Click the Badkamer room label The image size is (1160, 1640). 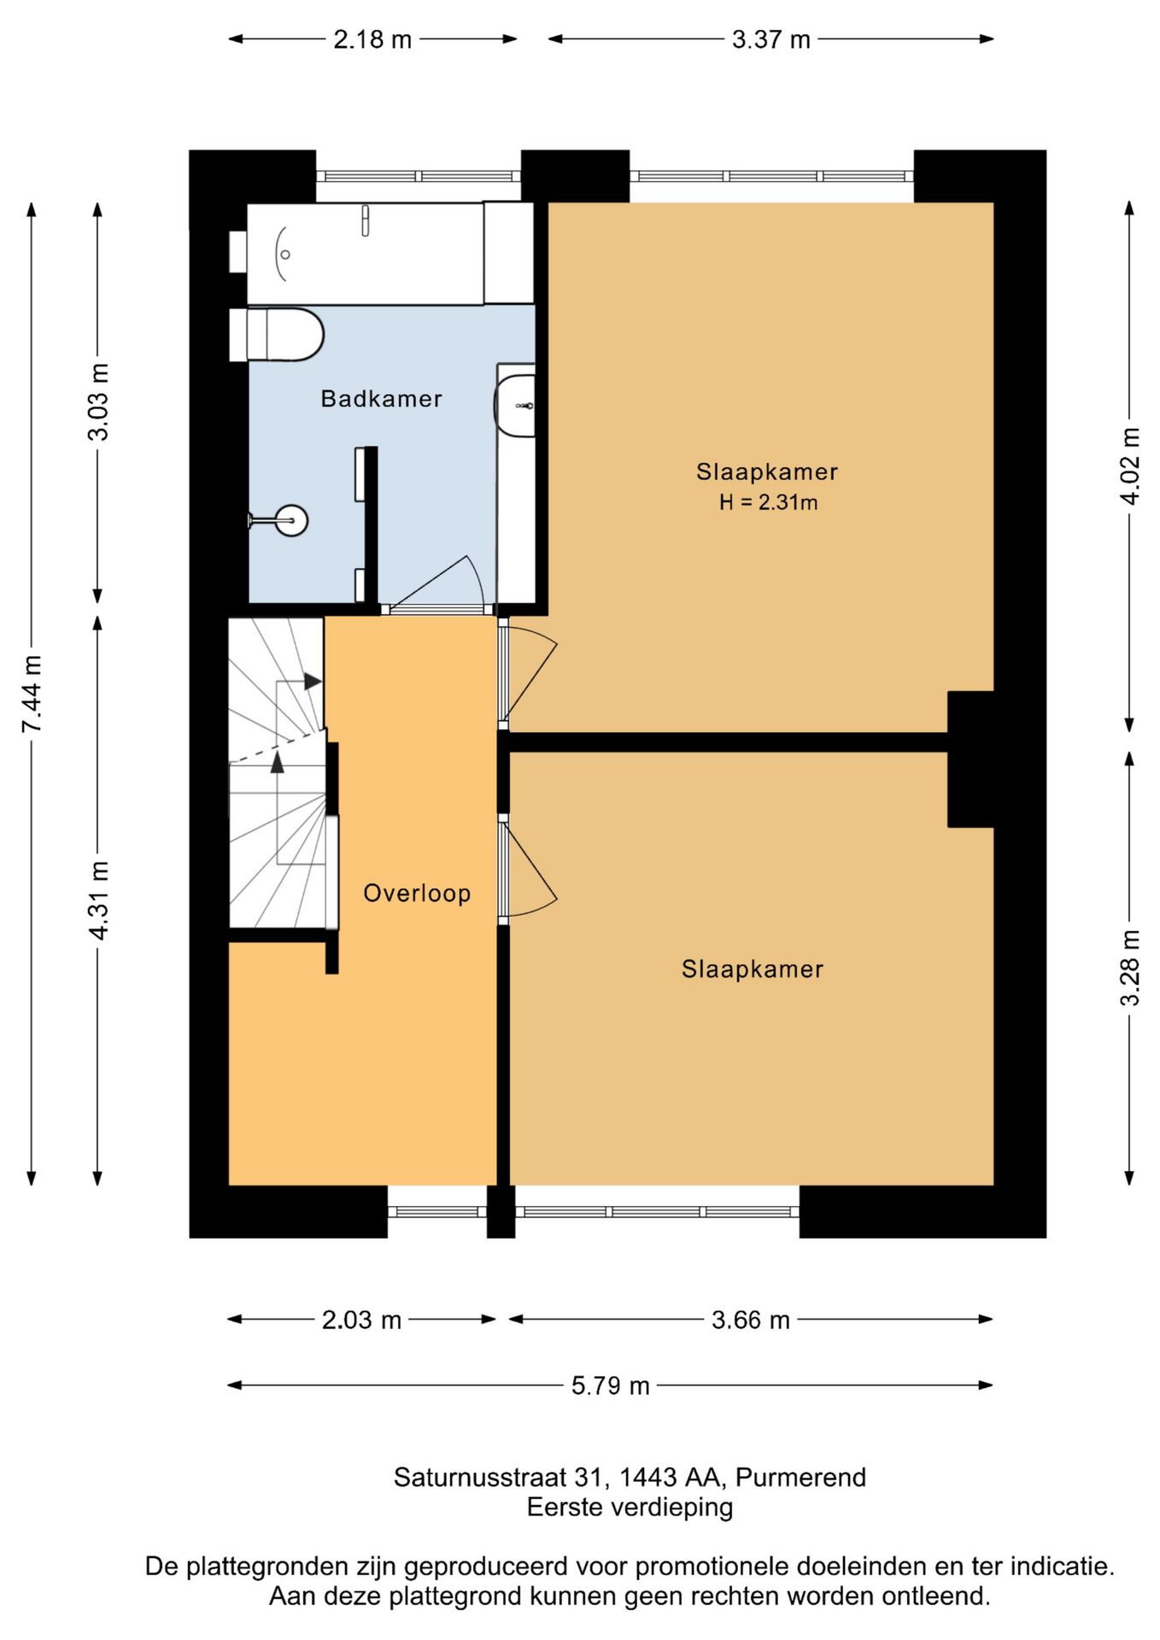[x=381, y=399]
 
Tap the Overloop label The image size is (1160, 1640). [x=417, y=893]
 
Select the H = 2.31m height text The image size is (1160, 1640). [x=768, y=502]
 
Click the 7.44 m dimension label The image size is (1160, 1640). [x=32, y=694]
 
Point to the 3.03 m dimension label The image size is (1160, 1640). [x=98, y=402]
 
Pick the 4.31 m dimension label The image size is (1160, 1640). [x=98, y=900]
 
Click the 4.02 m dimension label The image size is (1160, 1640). [x=1129, y=466]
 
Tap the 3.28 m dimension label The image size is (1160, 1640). [x=1129, y=967]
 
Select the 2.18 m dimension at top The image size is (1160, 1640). [x=372, y=39]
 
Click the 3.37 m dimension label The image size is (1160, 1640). [x=770, y=39]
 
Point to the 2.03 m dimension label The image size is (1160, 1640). [x=361, y=1320]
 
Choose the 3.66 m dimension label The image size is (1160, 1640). [x=751, y=1320]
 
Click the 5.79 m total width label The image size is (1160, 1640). [x=611, y=1385]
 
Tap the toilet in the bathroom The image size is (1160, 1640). [x=277, y=335]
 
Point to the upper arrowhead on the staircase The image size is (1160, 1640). [x=313, y=682]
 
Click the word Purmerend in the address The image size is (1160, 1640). [x=800, y=1477]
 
